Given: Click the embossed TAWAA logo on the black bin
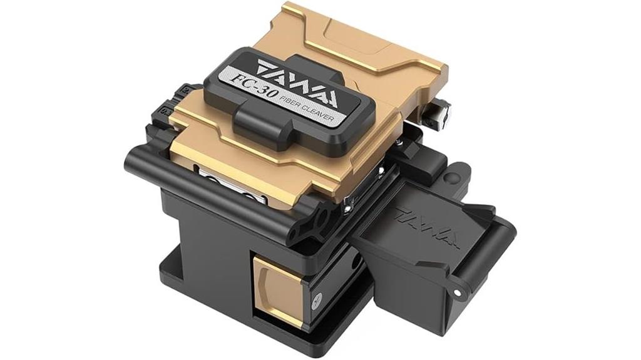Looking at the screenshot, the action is [427, 228].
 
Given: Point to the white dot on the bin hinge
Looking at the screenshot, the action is [458, 293].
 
